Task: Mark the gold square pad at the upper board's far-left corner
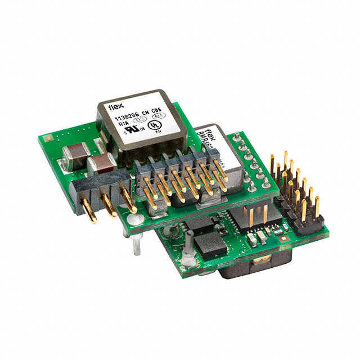point(48,136)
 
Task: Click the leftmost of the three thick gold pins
point(88,209)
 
